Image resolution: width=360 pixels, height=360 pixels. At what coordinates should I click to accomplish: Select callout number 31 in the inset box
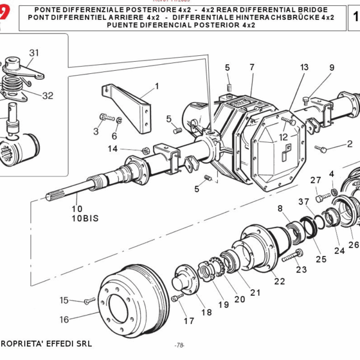(x=34, y=53)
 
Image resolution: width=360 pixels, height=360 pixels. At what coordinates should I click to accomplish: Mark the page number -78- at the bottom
(x=179, y=346)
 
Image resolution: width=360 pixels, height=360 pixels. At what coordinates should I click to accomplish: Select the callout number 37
(x=304, y=202)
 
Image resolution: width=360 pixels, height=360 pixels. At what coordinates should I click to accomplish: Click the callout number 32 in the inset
(x=47, y=95)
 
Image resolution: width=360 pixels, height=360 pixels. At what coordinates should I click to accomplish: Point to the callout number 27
(x=316, y=180)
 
